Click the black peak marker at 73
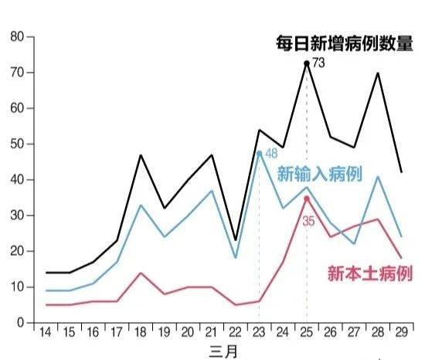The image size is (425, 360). point(307,63)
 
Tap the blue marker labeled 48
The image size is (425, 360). point(259,151)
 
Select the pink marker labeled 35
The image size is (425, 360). point(307,198)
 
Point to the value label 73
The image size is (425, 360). point(319,63)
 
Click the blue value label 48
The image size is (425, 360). point(271,154)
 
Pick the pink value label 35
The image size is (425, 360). point(309,220)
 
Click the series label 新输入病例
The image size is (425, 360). point(319,174)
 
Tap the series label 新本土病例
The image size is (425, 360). point(369,273)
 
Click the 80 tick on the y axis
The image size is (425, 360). point(17,36)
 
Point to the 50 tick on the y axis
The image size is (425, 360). point(17,144)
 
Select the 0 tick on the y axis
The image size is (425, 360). point(20,323)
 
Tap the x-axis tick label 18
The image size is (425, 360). point(140,332)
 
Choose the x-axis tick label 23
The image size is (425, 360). point(259,332)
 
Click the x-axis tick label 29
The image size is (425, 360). point(403,332)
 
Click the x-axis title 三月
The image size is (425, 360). point(223,351)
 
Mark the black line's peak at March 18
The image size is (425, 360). point(140,155)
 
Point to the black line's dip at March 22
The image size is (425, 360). point(235,240)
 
